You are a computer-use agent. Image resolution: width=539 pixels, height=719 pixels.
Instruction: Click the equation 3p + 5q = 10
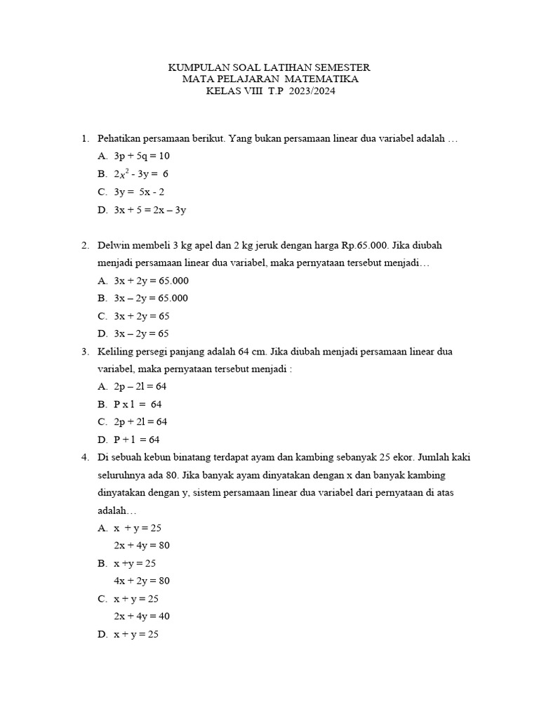142,156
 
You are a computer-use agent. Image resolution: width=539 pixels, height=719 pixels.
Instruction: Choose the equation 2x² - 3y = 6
141,174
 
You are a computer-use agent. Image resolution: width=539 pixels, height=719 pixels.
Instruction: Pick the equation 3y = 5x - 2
139,192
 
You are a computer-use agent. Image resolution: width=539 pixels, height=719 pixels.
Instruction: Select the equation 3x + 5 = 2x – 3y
149,210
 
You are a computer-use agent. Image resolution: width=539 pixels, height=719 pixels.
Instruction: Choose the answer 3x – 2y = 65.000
151,298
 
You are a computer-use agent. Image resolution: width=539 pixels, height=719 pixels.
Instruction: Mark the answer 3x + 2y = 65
142,316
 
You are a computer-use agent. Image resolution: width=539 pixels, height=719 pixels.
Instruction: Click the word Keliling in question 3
114,351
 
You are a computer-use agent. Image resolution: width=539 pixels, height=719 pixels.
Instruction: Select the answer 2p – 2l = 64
140,387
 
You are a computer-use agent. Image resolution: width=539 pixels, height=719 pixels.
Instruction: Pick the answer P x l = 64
138,404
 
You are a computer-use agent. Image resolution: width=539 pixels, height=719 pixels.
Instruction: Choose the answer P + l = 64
137,440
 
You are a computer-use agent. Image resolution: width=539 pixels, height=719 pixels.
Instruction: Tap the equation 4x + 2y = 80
142,581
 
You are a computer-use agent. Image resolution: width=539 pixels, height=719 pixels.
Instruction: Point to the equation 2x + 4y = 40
142,616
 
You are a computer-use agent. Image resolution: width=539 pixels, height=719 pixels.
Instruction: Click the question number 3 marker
84,351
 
